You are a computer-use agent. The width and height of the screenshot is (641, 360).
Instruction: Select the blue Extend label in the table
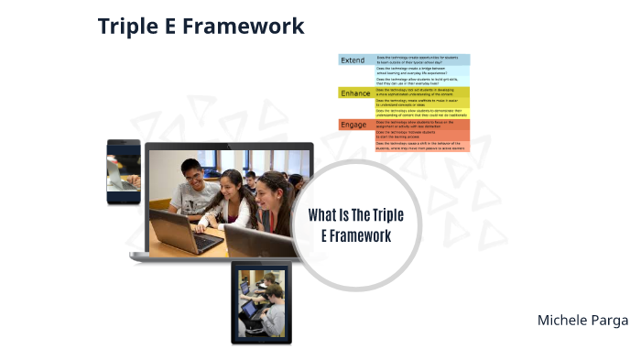pyautogui.click(x=353, y=60)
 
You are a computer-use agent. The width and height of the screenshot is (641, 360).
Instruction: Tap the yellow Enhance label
pyautogui.click(x=355, y=93)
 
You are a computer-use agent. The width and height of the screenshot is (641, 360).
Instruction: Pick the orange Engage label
pyautogui.click(x=353, y=125)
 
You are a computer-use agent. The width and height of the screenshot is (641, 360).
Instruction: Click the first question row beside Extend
pyautogui.click(x=422, y=60)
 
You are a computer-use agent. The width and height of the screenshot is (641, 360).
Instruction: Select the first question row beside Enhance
pyautogui.click(x=422, y=92)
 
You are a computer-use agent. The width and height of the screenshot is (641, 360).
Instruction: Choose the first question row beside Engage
pyautogui.click(x=422, y=123)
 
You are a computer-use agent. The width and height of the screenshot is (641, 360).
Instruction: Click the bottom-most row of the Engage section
pyautogui.click(x=422, y=145)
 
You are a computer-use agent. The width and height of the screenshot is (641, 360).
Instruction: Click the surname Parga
pyautogui.click(x=610, y=320)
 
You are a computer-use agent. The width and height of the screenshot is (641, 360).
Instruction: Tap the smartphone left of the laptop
pyautogui.click(x=123, y=171)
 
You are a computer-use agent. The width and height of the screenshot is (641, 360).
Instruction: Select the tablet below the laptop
pyautogui.click(x=261, y=303)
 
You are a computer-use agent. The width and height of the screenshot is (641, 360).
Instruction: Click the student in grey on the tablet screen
pyautogui.click(x=271, y=316)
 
